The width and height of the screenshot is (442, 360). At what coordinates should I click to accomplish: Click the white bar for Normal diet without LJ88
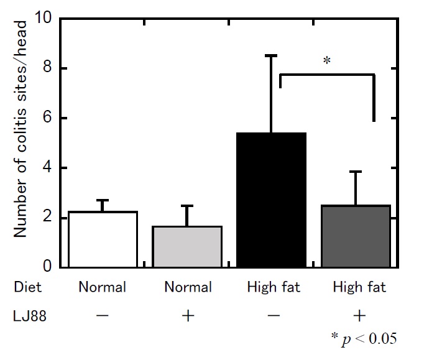coord(103,239)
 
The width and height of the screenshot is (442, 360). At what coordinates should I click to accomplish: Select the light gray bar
coord(188,247)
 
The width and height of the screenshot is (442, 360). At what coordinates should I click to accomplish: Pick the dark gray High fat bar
coord(356,236)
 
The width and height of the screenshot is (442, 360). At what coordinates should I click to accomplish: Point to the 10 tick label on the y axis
coord(44,18)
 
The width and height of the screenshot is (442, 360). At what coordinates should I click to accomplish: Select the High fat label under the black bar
coord(274,287)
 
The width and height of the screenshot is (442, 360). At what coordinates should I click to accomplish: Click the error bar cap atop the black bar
coord(272,56)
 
